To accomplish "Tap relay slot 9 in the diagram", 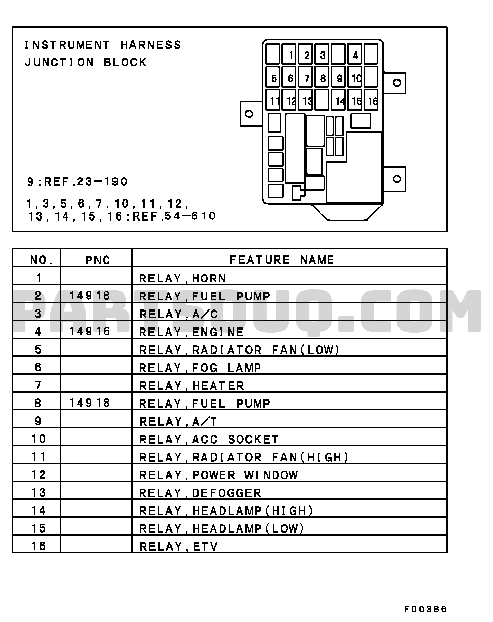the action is click(338, 77).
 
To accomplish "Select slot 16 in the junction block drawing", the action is click(371, 100).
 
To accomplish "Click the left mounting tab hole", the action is click(249, 114).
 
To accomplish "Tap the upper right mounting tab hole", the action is click(397, 83).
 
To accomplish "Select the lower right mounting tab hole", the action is click(397, 179).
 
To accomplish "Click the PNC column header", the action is click(98, 260).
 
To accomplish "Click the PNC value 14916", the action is click(89, 331).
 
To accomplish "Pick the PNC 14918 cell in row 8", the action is click(89, 403).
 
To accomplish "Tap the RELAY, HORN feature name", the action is click(182, 278).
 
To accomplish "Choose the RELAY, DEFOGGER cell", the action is click(200, 493).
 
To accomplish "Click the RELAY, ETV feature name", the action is click(178, 546).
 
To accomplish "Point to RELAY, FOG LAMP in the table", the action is click(200, 368).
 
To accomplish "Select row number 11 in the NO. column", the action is click(39, 456).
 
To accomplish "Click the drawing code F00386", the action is click(425, 609).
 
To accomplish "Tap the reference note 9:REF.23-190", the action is click(77, 181).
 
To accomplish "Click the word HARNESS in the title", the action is click(151, 45).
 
